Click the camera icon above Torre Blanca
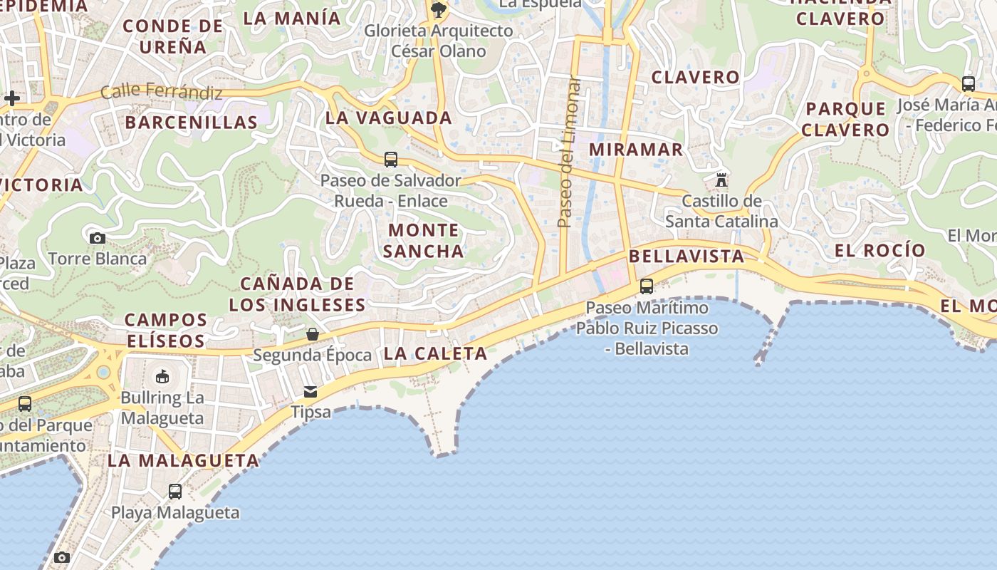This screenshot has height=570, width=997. click(98, 238)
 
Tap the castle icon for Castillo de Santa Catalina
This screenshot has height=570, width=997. click(721, 179)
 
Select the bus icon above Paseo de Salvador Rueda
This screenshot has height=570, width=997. click(390, 160)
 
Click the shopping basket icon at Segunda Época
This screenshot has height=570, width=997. click(312, 333)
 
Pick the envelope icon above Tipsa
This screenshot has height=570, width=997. click(310, 391)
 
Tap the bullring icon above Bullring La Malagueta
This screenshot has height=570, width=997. click(162, 376)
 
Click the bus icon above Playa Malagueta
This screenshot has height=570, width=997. click(175, 491)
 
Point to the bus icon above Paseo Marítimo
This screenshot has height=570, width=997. click(646, 286)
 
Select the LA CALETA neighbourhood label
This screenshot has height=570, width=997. click(435, 353)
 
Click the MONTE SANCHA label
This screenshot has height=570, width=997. click(424, 240)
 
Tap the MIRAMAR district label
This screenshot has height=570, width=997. click(636, 150)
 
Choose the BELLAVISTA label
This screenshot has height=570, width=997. click(687, 256)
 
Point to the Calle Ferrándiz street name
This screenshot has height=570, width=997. click(162, 91)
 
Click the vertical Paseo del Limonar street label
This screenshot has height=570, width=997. click(567, 152)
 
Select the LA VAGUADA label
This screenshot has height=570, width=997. click(389, 118)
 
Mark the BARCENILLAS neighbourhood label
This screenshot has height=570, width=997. click(191, 122)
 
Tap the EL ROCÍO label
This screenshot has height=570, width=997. click(879, 250)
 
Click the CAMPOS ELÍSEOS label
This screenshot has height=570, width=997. click(166, 330)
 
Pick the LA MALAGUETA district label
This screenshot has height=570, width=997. click(183, 460)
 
